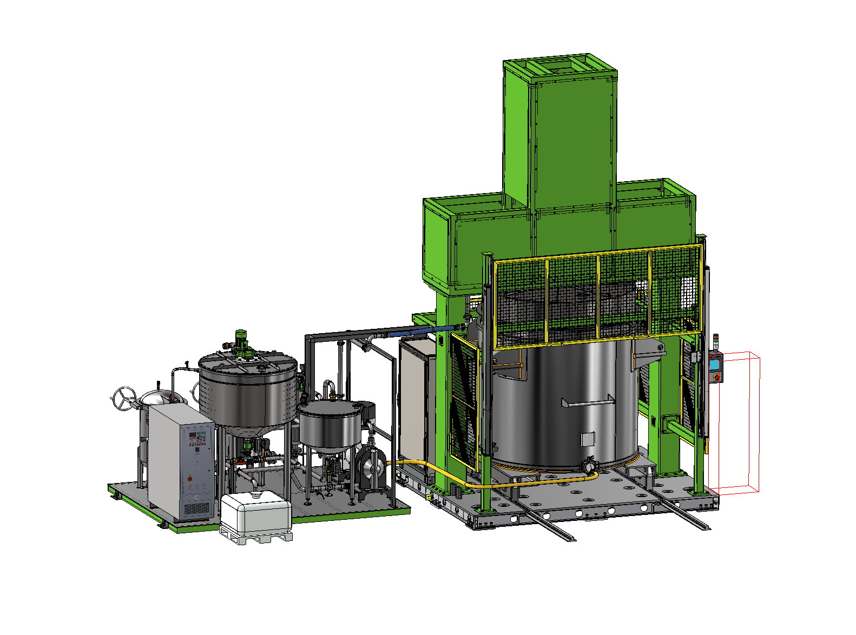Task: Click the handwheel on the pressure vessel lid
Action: tap(124, 399)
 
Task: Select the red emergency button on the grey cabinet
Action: tap(189, 478)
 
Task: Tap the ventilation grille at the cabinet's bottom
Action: tap(197, 509)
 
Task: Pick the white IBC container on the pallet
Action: tap(256, 514)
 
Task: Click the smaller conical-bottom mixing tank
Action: tap(329, 427)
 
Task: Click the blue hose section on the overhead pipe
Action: tap(433, 329)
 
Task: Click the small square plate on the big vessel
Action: tap(588, 439)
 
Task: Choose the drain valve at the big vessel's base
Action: tap(588, 465)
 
